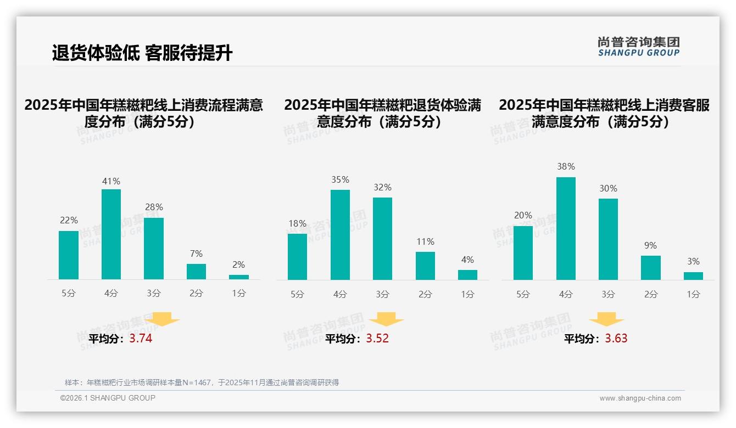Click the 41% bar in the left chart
tap(111, 234)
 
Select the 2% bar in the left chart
tap(239, 277)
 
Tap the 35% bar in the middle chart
tap(340, 235)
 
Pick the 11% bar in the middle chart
tap(425, 266)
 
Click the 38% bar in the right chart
tap(566, 228)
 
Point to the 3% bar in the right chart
tap(693, 276)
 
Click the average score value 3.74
tap(141, 339)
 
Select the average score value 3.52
tap(377, 339)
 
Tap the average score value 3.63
tap(616, 339)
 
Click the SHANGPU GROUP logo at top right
tap(638, 47)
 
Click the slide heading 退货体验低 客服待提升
tap(142, 53)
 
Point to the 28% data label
tap(153, 207)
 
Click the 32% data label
tap(382, 188)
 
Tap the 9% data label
tap(650, 246)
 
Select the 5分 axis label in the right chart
tap(523, 294)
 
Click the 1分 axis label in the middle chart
tap(467, 294)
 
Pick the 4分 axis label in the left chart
tap(111, 294)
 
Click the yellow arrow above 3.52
tap(386, 319)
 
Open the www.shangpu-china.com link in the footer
tap(640, 398)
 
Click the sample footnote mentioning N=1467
tap(202, 382)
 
